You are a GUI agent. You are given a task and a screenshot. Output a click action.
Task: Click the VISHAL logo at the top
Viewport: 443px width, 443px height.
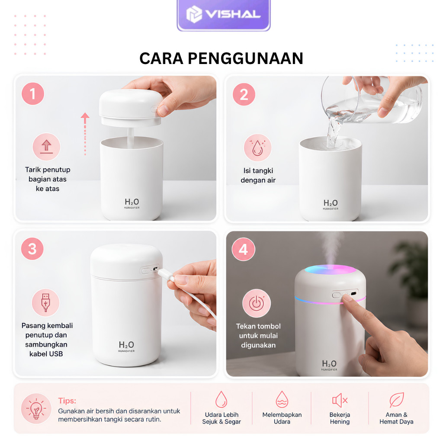pos(224,14)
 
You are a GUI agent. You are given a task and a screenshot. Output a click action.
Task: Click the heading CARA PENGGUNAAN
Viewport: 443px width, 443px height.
pos(221,58)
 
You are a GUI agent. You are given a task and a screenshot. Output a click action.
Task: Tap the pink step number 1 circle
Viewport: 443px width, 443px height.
pos(33,94)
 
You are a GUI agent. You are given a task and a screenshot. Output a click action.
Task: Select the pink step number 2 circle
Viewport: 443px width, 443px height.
pos(244,94)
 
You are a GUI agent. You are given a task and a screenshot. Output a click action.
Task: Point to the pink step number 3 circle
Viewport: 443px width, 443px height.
pos(32,249)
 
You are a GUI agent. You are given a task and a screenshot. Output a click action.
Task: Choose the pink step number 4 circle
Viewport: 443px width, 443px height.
pos(243,249)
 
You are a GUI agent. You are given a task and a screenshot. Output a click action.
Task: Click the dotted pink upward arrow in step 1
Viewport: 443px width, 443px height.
pos(85,134)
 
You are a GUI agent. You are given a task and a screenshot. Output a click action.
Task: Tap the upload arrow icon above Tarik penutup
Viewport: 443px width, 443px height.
pos(46,147)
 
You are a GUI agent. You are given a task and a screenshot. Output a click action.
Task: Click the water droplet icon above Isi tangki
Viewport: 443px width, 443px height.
pos(257,148)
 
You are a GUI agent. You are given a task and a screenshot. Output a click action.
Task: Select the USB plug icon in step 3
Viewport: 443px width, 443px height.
pos(45,302)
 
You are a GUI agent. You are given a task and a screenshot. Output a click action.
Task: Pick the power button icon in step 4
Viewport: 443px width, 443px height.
pos(257,303)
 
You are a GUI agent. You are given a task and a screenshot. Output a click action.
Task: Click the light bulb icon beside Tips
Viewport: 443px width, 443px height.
pos(36,408)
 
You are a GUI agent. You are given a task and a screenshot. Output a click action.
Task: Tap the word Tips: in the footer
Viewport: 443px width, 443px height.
pos(67,401)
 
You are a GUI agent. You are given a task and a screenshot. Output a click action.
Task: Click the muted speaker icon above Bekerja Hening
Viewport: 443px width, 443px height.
pos(340,400)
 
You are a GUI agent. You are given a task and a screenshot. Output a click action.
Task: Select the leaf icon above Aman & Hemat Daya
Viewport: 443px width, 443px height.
pos(397,400)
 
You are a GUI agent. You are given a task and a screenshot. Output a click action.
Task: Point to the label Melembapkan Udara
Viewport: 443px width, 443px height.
pos(282,418)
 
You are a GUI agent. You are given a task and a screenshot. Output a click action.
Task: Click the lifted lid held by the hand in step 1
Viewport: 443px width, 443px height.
pos(131,108)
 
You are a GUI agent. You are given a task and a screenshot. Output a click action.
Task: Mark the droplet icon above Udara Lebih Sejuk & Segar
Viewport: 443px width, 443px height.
pos(221,399)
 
